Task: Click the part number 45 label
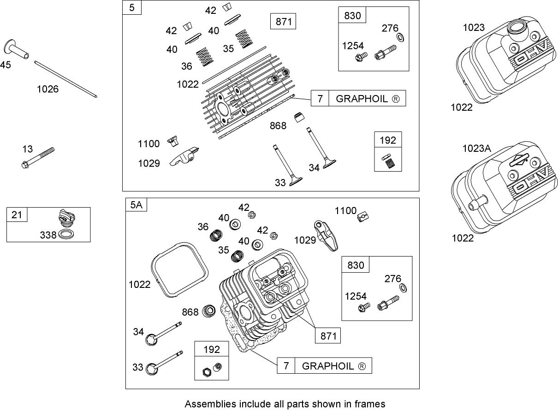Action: (x=6, y=65)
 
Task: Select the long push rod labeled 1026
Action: (x=65, y=79)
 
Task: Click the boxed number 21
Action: (x=17, y=215)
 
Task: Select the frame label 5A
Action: (x=136, y=205)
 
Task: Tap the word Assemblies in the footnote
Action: (x=206, y=404)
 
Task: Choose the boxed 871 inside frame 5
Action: (x=283, y=22)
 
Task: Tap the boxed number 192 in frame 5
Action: (x=388, y=140)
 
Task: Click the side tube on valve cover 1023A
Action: (x=478, y=206)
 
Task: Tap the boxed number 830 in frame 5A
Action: (x=356, y=265)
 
